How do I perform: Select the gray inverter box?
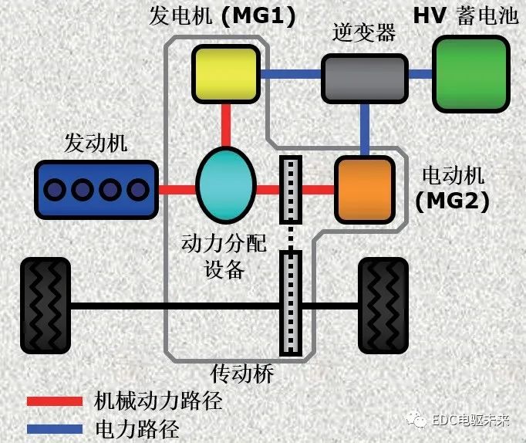point(363,78)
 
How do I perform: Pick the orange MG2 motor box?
point(363,190)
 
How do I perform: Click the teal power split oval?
point(225,186)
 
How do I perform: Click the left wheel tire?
point(46,306)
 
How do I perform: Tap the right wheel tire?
point(385,306)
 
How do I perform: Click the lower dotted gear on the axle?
point(290,304)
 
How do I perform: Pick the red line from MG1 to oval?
point(225,126)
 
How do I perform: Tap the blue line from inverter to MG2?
point(365,129)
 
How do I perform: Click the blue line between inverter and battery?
point(420,74)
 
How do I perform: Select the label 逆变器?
point(363,33)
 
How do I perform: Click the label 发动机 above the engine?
point(97,143)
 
